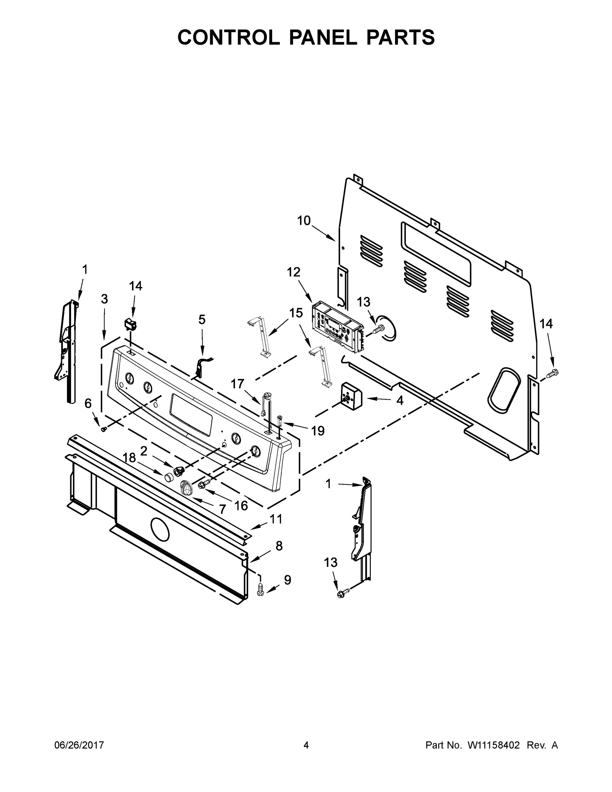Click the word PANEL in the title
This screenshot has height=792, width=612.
(x=323, y=37)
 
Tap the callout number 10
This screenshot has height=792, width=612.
(x=304, y=220)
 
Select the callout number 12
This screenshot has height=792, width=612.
(x=294, y=272)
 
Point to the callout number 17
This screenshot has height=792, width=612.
(x=238, y=384)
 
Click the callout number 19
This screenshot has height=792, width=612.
(x=318, y=431)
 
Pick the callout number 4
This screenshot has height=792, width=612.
(x=400, y=400)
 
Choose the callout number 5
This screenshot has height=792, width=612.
(x=202, y=319)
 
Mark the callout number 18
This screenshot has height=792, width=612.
(x=129, y=458)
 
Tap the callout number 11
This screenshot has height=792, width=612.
(x=276, y=519)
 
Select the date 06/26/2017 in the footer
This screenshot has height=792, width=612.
(x=79, y=745)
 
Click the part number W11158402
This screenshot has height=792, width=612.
(x=494, y=745)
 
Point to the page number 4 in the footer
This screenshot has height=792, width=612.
(x=306, y=745)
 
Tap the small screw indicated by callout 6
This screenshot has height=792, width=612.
(x=104, y=429)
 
